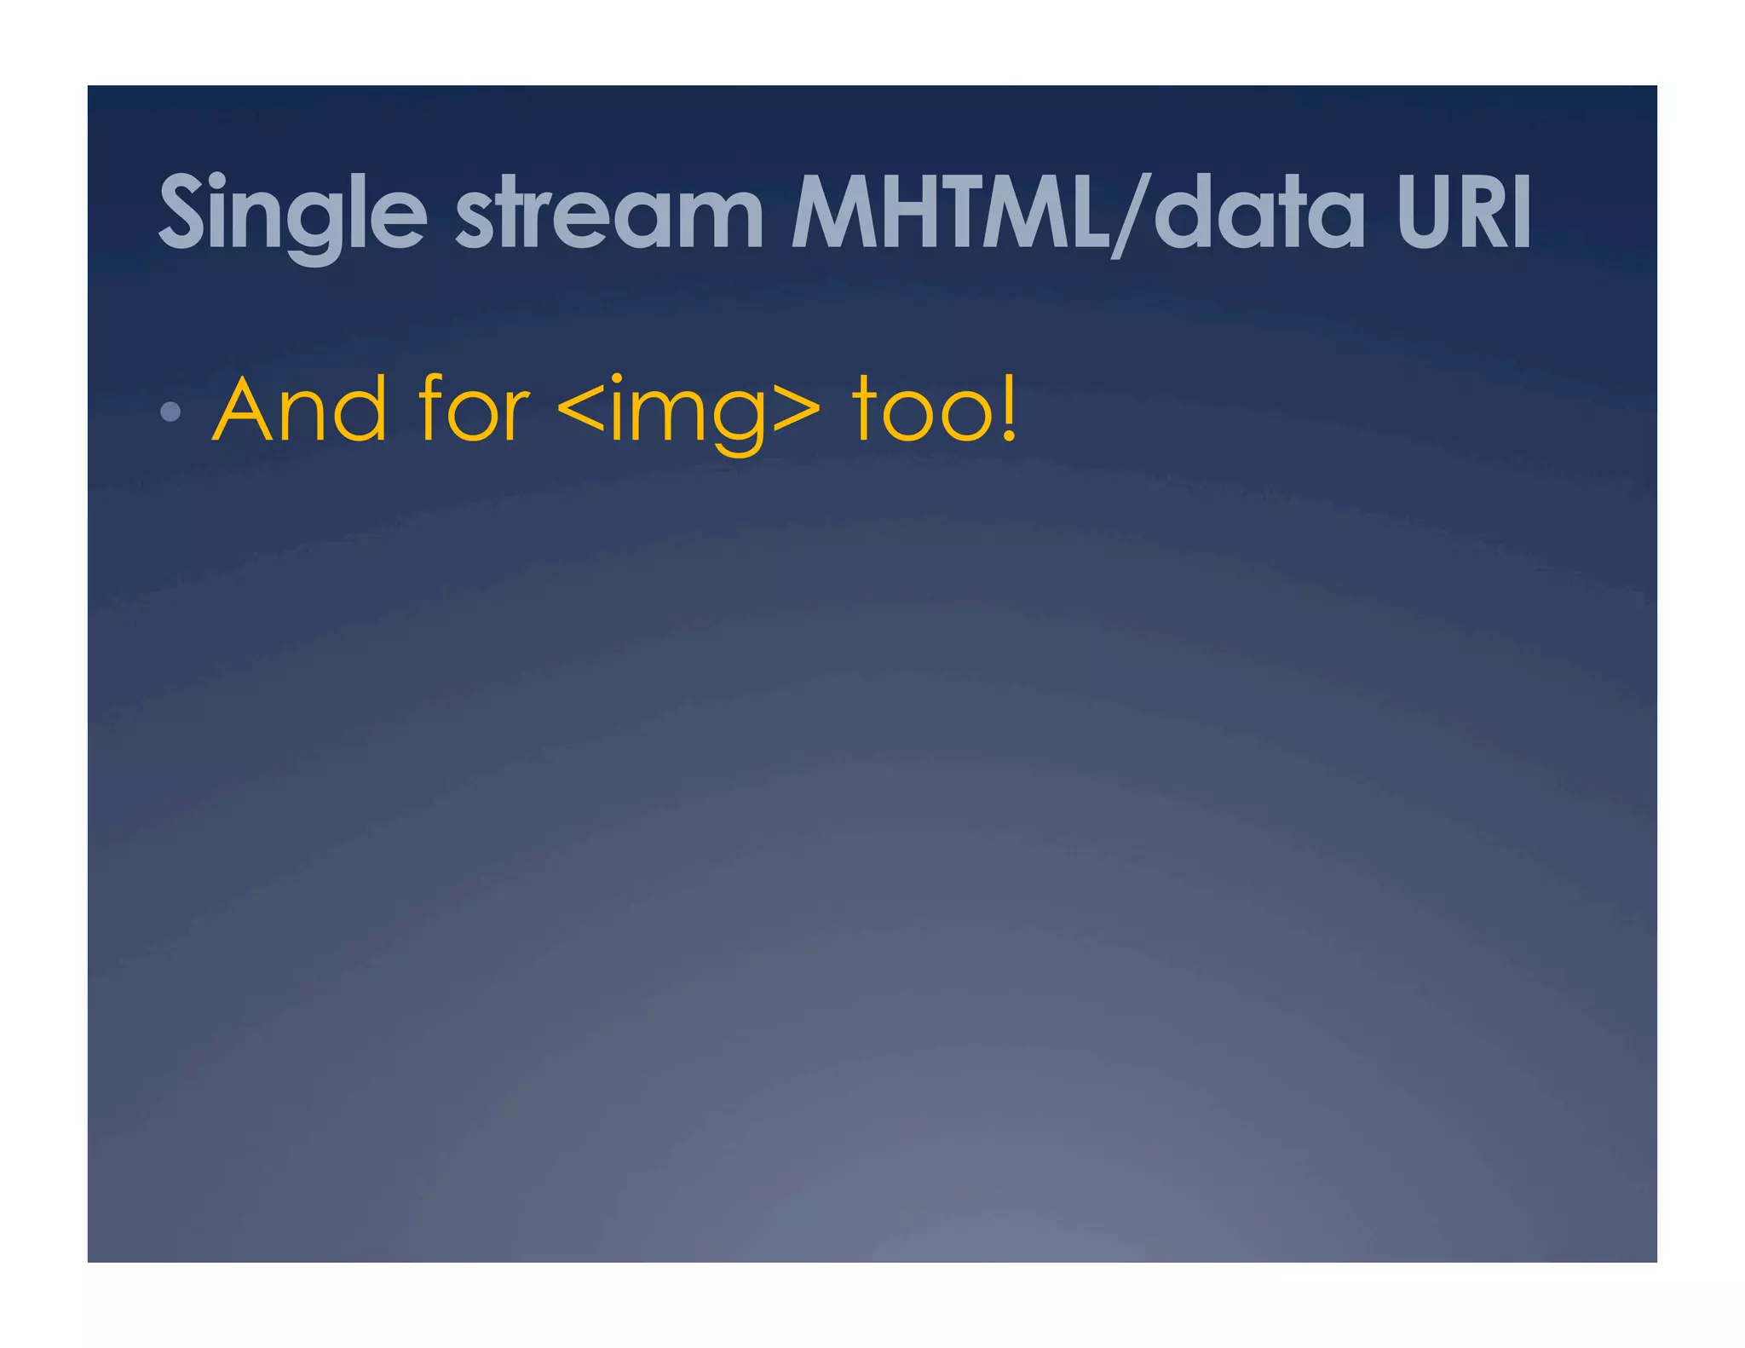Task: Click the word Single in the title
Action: (292, 213)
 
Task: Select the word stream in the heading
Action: (608, 213)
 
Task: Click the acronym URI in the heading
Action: (1464, 213)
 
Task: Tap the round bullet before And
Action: (170, 412)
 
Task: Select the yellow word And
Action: (300, 411)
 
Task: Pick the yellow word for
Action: (474, 411)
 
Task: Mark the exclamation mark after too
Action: (1009, 409)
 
